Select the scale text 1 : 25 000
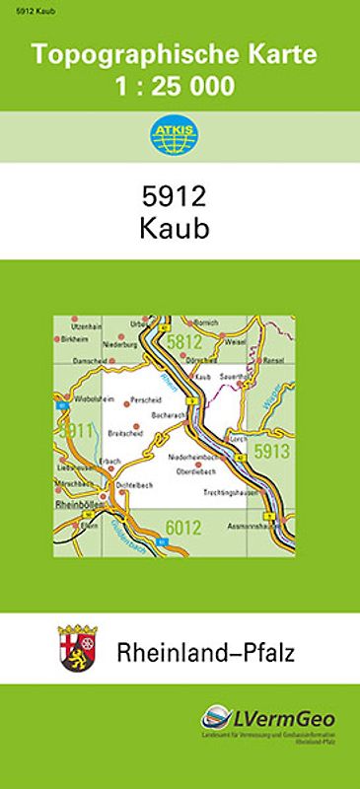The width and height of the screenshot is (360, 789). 174,87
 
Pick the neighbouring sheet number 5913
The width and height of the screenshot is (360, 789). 271,452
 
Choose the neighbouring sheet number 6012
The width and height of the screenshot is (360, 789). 183,528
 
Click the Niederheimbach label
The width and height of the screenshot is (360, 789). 192,457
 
